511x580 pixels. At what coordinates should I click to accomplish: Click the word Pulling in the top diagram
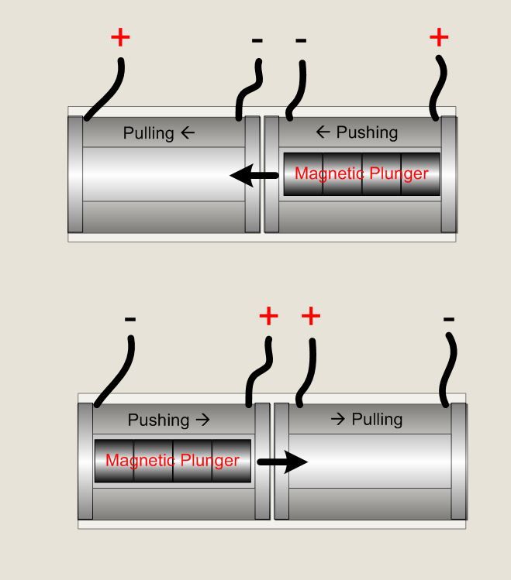click(148, 133)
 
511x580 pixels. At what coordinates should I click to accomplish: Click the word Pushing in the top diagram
click(367, 132)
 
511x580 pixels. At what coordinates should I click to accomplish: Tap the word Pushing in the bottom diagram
click(158, 420)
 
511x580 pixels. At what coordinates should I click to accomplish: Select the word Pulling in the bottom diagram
click(377, 420)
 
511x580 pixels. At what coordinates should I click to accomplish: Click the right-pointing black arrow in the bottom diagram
click(282, 462)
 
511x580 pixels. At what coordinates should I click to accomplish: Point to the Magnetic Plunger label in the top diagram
click(361, 173)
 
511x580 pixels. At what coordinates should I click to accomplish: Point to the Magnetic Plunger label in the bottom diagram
click(172, 461)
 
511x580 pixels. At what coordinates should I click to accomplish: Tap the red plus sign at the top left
click(119, 37)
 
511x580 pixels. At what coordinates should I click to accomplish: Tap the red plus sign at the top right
click(439, 36)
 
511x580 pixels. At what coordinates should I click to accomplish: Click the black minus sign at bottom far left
click(130, 319)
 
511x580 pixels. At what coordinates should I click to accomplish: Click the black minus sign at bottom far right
click(448, 318)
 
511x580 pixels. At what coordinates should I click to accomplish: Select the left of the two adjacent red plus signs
click(268, 316)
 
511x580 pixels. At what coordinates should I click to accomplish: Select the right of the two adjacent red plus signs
click(310, 316)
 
